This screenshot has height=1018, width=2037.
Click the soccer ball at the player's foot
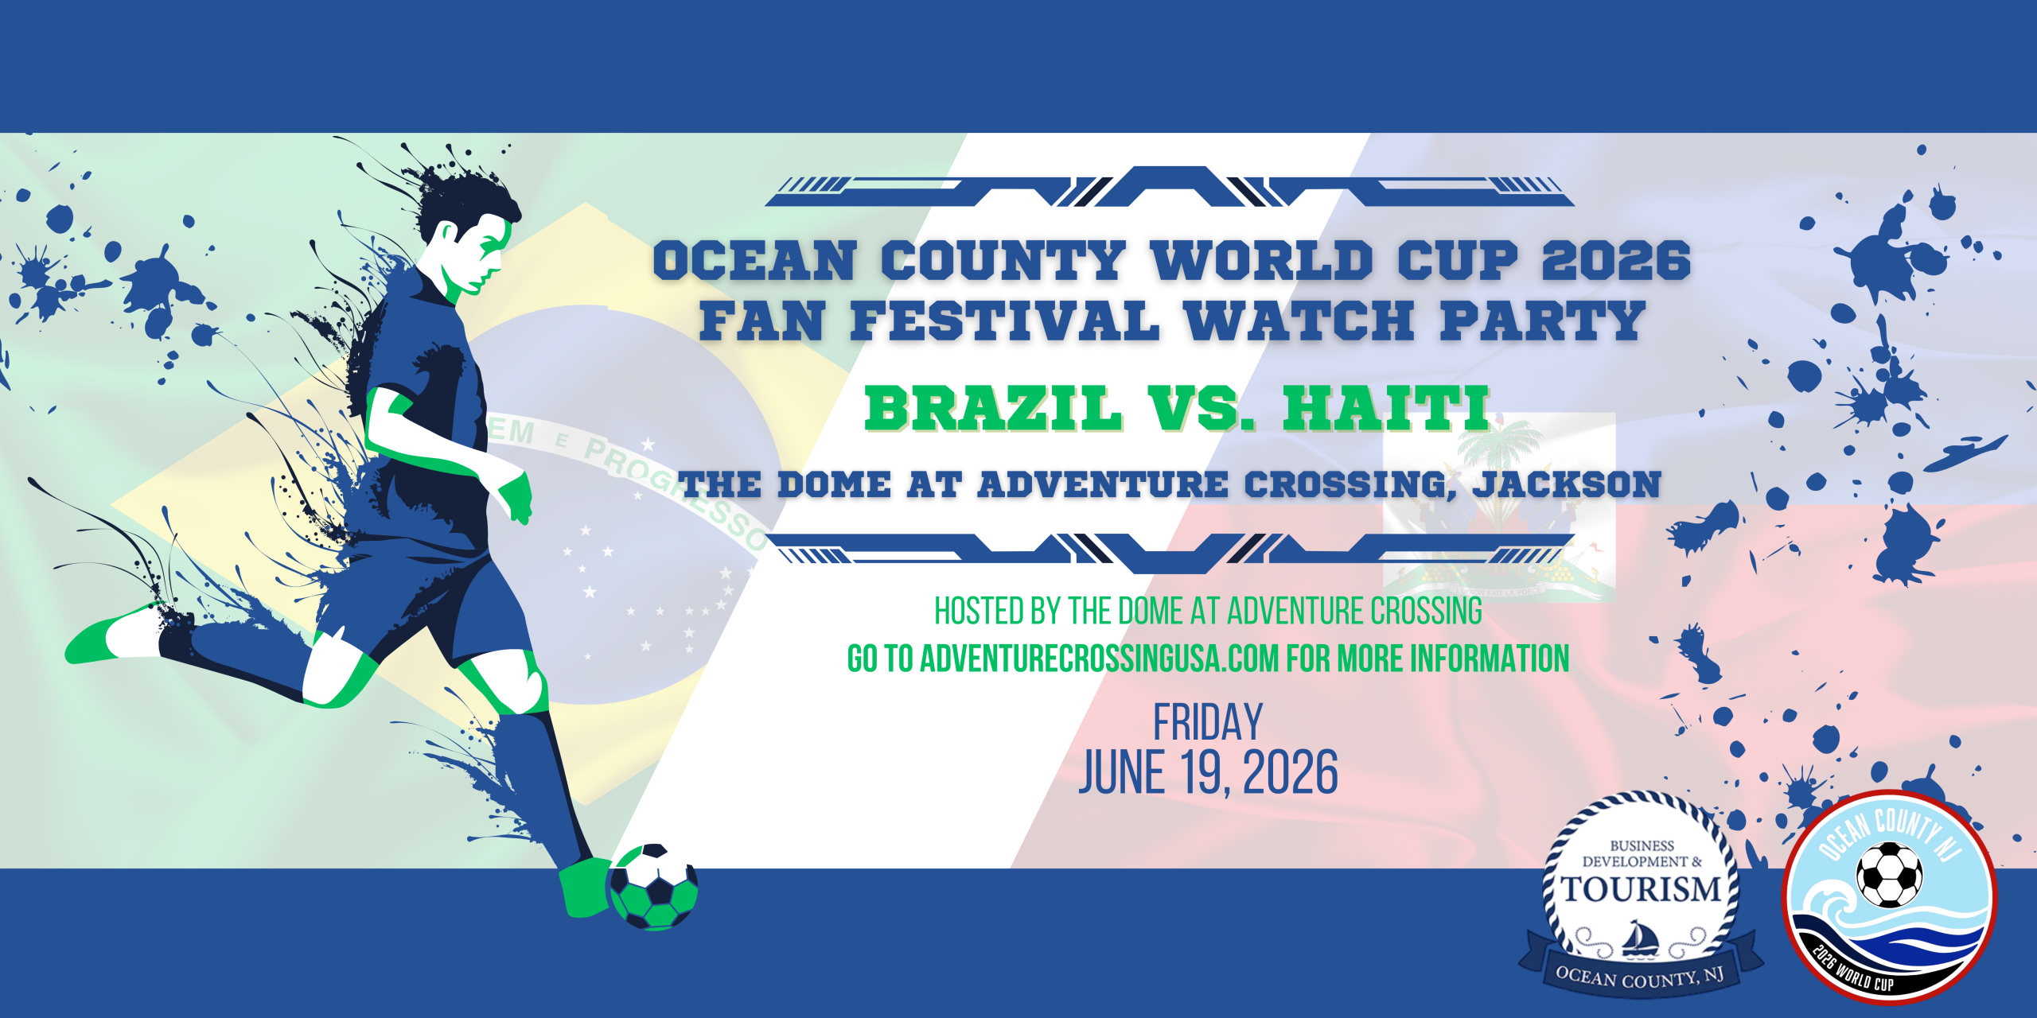tap(652, 887)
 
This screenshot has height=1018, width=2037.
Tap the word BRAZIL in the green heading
tap(993, 409)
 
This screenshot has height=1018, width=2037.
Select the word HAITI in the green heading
tap(1386, 409)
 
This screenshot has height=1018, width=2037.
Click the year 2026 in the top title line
tap(1616, 260)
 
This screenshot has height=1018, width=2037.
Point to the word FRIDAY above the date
tap(1208, 722)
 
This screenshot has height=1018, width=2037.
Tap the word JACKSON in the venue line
tap(1567, 484)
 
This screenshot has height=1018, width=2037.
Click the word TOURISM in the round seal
tap(1641, 889)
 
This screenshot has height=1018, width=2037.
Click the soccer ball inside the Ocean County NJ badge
tap(1889, 875)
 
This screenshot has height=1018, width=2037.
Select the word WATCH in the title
tap(1299, 321)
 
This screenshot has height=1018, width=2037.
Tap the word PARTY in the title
tap(1542, 321)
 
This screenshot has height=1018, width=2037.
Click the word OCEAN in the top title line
tap(754, 260)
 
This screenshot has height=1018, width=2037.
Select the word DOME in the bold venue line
tap(834, 484)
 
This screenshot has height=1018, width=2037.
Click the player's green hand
tap(516, 497)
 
